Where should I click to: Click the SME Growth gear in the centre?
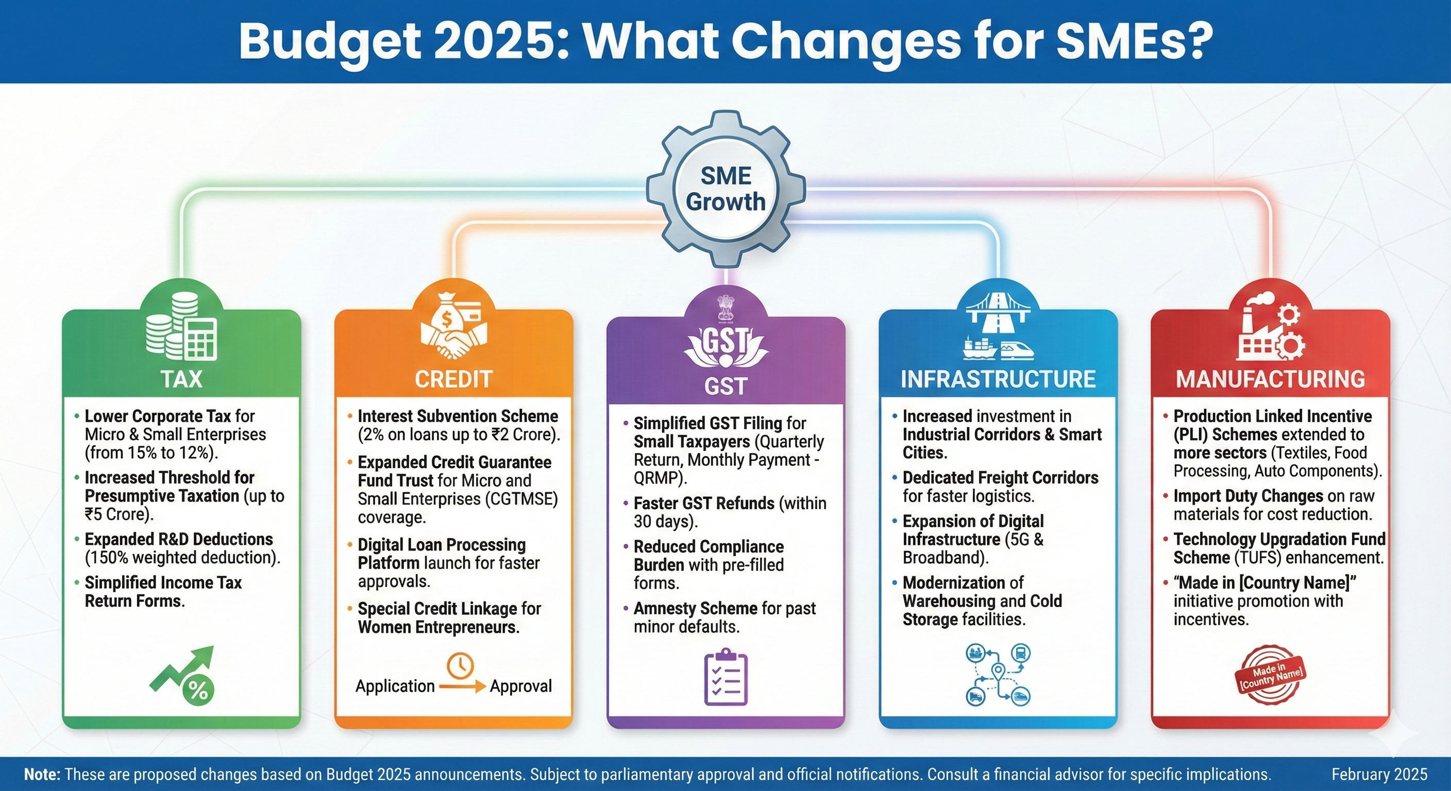pyautogui.click(x=725, y=189)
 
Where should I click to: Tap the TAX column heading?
pyautogui.click(x=181, y=379)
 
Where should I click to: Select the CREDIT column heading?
pyautogui.click(x=453, y=379)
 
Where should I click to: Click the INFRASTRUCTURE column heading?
pyautogui.click(x=998, y=379)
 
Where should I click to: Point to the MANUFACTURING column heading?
pyautogui.click(x=1270, y=379)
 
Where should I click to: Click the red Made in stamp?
pyautogui.click(x=1271, y=675)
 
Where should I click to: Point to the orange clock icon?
pyautogui.click(x=460, y=665)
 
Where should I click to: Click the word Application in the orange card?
pyautogui.click(x=395, y=686)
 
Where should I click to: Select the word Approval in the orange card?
pyautogui.click(x=520, y=686)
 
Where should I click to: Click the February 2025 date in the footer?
pyautogui.click(x=1379, y=774)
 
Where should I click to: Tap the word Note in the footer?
pyautogui.click(x=42, y=774)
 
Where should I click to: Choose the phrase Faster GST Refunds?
pyautogui.click(x=703, y=503)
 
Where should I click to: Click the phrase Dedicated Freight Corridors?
pyautogui.click(x=1000, y=477)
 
